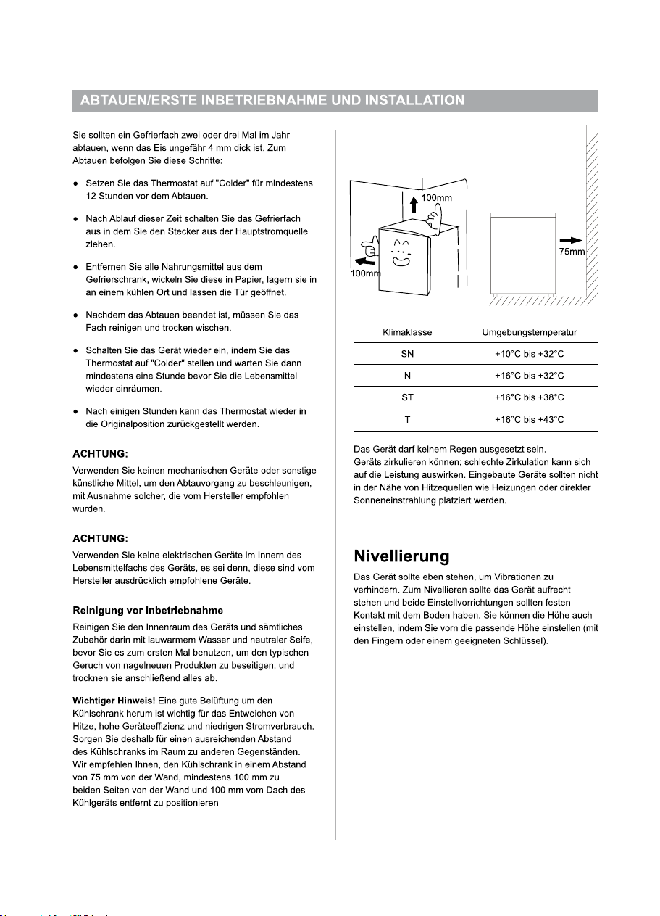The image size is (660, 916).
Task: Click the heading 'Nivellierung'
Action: pyautogui.click(x=401, y=557)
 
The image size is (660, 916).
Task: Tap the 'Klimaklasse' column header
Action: pyautogui.click(x=407, y=332)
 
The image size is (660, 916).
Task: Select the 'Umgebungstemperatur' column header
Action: pyautogui.click(x=529, y=332)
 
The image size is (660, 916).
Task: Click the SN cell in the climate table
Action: pyautogui.click(x=407, y=354)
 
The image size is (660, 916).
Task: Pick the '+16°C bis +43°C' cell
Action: pyautogui.click(x=529, y=419)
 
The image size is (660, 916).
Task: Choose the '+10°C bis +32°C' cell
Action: pyautogui.click(x=529, y=354)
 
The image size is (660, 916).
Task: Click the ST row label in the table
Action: pyautogui.click(x=407, y=397)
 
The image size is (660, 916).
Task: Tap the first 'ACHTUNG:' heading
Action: pyautogui.click(x=100, y=454)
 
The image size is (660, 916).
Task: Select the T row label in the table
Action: pyautogui.click(x=407, y=419)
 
